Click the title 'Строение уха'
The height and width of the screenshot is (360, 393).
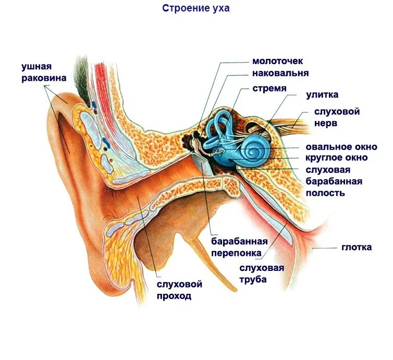195,8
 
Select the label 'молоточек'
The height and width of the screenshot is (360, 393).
277,61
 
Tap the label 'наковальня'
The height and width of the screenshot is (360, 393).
280,73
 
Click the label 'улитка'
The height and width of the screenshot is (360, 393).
322,95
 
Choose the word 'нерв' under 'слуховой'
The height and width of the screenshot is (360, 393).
325,123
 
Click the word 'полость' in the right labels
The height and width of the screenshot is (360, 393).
325,193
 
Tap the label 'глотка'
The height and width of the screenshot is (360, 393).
357,247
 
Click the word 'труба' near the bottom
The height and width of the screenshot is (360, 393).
253,280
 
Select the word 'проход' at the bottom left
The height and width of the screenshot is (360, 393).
174,296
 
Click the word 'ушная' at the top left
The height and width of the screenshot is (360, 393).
35,67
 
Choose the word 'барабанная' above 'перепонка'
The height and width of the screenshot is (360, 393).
239,241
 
